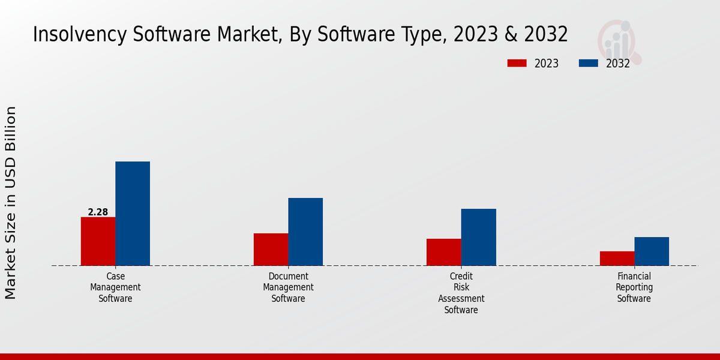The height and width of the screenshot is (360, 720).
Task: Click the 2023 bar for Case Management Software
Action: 98,241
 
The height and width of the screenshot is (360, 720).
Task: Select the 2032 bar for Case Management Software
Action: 133,214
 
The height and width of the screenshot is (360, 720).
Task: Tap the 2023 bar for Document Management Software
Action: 271,249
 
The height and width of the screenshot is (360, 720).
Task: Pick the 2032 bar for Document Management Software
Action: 305,232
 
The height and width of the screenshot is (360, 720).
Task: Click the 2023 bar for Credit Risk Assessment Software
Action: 443,252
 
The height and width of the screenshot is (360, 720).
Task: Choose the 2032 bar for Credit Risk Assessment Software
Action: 478,237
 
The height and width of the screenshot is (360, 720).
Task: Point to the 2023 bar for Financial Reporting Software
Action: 617,258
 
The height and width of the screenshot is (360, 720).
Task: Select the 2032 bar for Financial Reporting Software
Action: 652,251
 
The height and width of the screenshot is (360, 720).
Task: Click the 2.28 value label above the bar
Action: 98,212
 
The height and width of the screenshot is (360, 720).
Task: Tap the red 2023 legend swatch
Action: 517,63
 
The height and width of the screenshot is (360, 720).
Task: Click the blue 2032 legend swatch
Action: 588,63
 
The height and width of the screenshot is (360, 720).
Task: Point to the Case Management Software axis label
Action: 115,287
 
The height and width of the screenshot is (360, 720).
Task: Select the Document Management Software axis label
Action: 288,287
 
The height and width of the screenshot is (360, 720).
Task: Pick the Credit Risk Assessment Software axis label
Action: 461,293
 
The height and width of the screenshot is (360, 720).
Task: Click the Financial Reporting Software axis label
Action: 634,287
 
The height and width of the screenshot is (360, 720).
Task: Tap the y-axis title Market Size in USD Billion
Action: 11,203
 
